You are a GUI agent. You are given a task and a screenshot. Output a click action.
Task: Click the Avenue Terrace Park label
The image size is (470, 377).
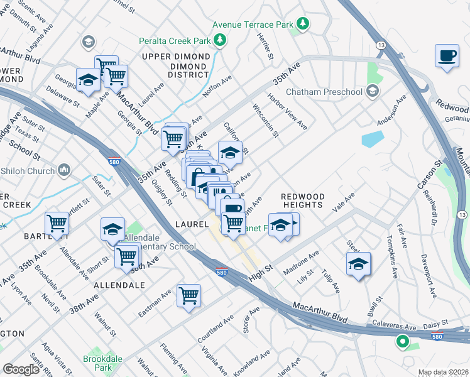253,25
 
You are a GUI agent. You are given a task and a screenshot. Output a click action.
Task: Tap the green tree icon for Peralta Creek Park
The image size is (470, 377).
220,41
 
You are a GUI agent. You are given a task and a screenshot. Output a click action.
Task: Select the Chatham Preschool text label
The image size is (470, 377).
324,92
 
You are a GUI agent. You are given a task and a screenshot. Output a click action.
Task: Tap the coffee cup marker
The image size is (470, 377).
447,55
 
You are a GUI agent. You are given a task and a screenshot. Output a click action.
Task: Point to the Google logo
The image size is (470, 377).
21,369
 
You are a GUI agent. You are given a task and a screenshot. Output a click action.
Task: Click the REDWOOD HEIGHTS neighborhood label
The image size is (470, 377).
302,202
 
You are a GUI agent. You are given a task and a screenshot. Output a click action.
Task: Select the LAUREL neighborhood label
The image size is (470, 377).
191,224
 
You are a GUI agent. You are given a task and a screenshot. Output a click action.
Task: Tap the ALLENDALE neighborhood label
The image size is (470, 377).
119,285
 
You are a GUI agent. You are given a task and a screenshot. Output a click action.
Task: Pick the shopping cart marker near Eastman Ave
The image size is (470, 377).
189,295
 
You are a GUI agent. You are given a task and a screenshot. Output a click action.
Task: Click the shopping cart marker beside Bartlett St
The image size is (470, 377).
57,223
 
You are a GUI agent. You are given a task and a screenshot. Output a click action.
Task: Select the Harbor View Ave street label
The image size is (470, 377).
287,112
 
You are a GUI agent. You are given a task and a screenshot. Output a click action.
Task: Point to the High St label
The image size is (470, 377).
259,268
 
